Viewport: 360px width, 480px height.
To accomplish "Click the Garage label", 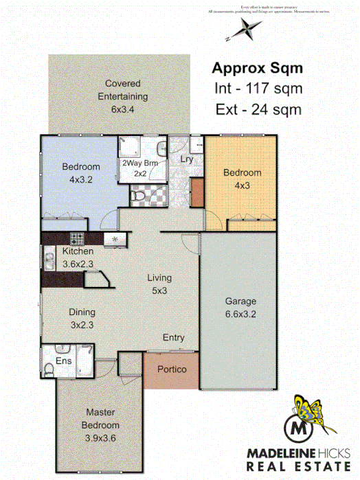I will pos(240,301).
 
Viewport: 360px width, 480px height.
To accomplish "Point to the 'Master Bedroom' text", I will pos(100,418).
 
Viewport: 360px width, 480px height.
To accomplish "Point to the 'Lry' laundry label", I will pos(186,159).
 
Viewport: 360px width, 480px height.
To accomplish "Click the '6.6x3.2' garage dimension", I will pos(240,315).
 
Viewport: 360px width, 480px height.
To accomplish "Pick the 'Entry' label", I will pos(173,337).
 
